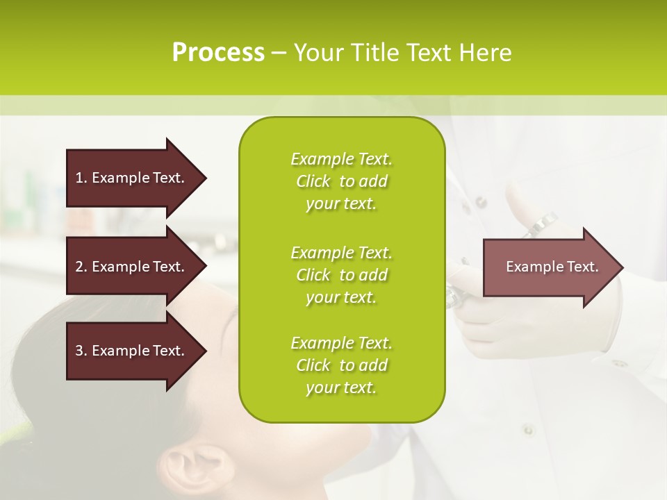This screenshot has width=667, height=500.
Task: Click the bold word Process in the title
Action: [218, 53]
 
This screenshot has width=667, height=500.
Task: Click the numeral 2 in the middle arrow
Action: [79, 267]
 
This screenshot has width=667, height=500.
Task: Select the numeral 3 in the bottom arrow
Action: [79, 351]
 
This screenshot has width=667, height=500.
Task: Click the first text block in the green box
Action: [341, 181]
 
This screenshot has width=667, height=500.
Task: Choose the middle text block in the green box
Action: [341, 275]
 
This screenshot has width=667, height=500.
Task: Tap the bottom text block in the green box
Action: [341, 365]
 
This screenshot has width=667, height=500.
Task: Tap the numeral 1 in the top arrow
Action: [79, 178]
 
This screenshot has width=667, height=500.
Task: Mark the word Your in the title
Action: [319, 53]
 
